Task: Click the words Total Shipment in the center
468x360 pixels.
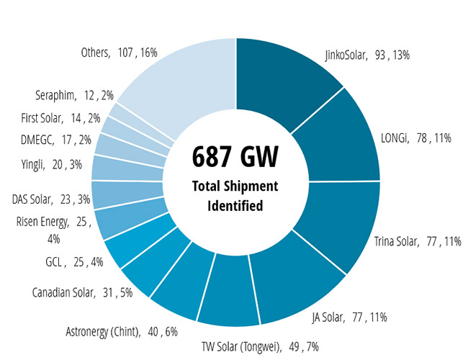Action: point(235,186)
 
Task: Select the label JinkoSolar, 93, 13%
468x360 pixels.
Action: point(367,54)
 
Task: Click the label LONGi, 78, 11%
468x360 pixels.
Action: point(415,138)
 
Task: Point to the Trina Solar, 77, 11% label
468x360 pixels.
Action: point(418,241)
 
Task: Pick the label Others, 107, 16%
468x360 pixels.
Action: point(120,52)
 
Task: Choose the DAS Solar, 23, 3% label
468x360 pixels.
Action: point(50,198)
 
